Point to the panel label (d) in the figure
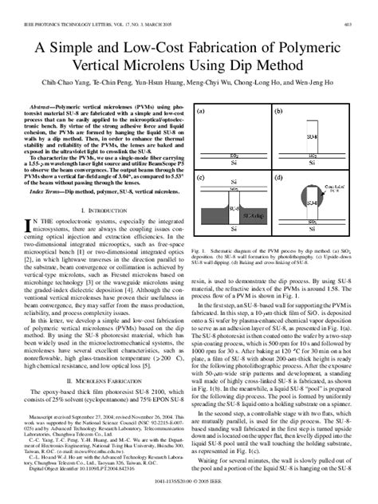pos(278,176)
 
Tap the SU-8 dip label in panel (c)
pos(253,216)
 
